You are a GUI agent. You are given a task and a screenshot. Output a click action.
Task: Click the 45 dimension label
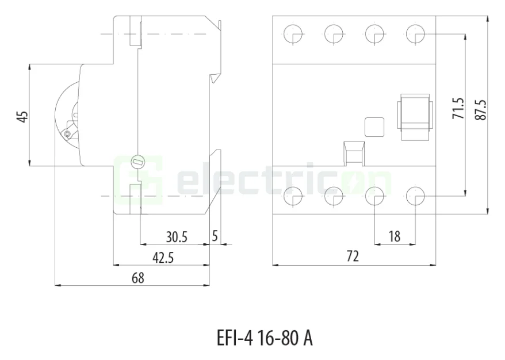[21, 116]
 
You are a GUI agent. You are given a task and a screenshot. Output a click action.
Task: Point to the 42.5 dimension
[163, 258]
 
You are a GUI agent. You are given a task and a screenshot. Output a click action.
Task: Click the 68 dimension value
[137, 278]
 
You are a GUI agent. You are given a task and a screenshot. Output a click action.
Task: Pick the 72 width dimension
[353, 257]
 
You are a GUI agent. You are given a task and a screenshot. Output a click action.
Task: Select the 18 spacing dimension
[394, 236]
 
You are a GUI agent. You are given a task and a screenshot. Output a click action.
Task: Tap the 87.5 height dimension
[480, 109]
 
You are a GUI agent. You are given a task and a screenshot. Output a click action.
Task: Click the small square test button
[374, 127]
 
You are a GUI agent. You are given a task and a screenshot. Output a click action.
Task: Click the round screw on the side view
[137, 162]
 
